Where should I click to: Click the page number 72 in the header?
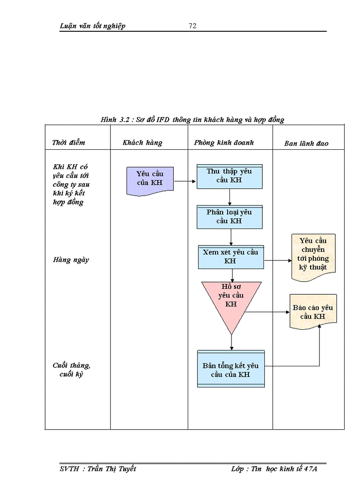point(193,26)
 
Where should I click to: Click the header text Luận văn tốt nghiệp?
point(93,26)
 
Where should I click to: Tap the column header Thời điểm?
point(69,143)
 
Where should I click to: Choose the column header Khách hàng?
point(142,143)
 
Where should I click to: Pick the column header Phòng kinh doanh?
point(224,143)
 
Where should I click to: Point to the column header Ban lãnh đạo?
point(307,144)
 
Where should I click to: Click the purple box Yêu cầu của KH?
point(150,180)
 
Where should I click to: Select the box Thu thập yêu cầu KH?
point(230,177)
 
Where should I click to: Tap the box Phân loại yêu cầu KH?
point(230,217)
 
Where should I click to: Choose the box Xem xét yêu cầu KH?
point(230,257)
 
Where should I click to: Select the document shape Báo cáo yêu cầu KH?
point(313,311)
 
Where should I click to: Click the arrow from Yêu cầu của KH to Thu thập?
point(185,181)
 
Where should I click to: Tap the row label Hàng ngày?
point(71,260)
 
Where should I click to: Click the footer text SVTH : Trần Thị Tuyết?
point(98,469)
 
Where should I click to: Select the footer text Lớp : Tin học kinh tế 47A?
point(277,469)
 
